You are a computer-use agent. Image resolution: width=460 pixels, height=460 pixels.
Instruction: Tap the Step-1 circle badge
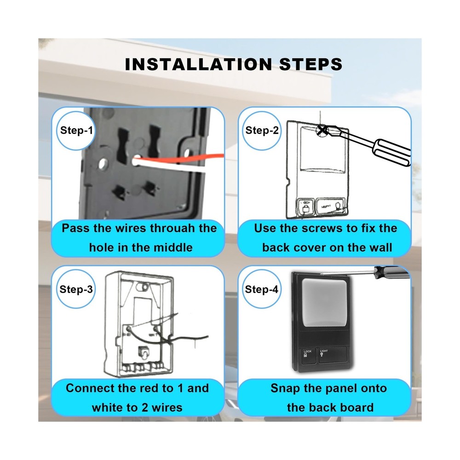(76, 130)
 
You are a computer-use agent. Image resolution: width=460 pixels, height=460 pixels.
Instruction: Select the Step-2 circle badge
(262, 130)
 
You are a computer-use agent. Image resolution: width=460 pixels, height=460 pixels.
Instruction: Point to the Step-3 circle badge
(76, 289)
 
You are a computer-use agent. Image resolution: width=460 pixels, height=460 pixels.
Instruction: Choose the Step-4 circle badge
(262, 289)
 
